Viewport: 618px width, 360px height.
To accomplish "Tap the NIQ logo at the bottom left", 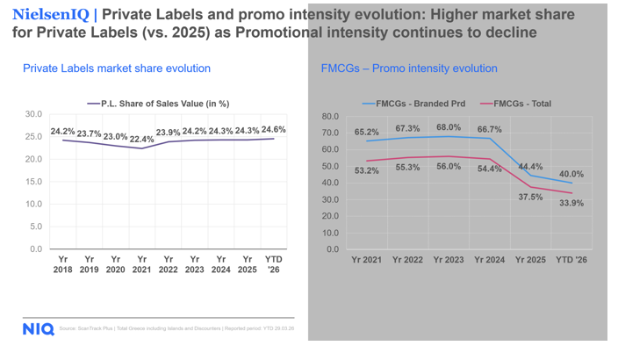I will pos(39,329).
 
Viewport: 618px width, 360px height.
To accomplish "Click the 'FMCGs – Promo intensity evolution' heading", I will pos(409,68).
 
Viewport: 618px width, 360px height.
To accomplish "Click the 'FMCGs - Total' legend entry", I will pos(517,104).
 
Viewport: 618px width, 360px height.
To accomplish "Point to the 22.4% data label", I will pos(142,139).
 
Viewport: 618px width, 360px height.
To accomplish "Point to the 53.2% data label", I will pos(368,171).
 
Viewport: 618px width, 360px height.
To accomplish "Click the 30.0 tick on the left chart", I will pos(34,114).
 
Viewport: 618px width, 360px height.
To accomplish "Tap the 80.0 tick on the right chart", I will pos(330,116).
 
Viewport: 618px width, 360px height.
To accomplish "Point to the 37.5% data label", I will pos(529,198).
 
